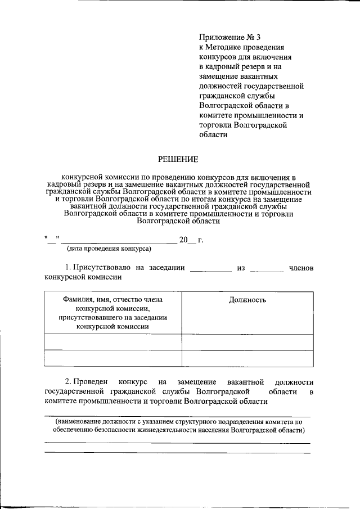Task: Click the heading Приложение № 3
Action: (229, 38)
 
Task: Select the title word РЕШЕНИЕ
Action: (177, 161)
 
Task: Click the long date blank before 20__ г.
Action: (119, 242)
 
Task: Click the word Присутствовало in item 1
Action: (101, 268)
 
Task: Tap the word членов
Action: (301, 268)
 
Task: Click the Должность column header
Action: (247, 300)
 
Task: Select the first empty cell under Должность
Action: (247, 341)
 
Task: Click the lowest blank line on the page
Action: (177, 452)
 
